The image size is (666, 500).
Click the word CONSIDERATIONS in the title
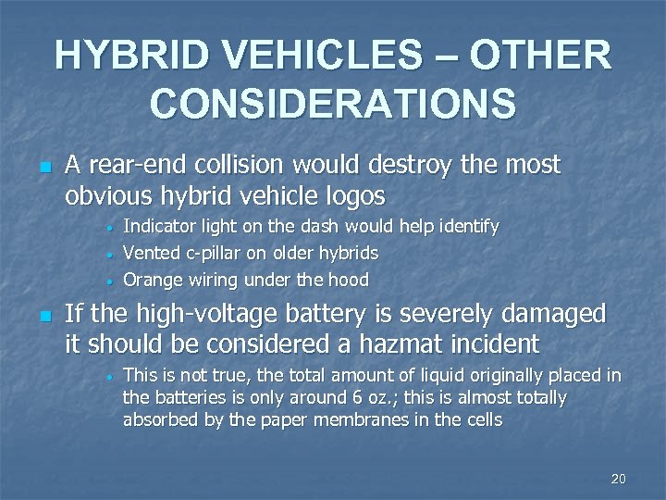(x=333, y=103)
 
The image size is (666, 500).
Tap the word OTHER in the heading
(x=541, y=56)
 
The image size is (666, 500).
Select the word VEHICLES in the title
(x=306, y=56)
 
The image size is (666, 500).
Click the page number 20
(x=619, y=479)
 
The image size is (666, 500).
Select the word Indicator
(x=161, y=226)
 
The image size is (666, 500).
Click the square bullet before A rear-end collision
(x=43, y=168)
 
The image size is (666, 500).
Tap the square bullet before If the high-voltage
(x=43, y=316)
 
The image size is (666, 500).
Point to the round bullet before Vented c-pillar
(x=109, y=254)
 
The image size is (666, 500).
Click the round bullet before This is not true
(x=109, y=377)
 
